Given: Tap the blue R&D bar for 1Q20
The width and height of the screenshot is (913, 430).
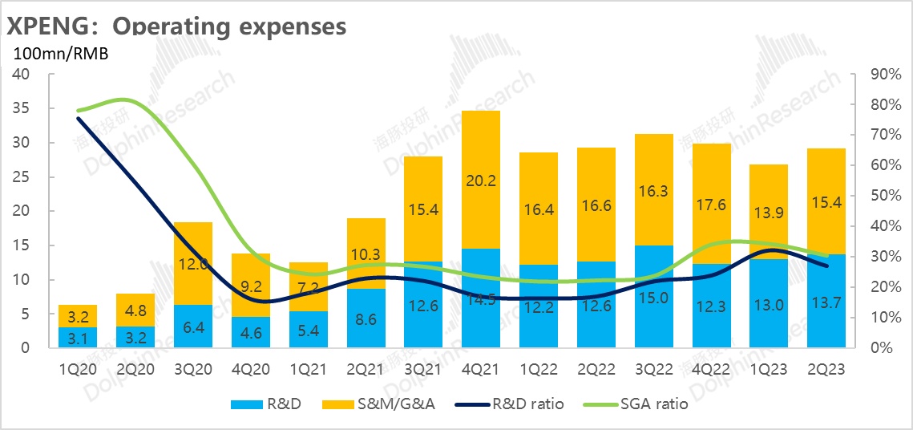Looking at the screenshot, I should tap(78, 337).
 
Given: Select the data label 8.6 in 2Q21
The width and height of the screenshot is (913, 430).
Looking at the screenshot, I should tap(366, 318).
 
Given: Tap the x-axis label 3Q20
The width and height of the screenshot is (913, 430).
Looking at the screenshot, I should tap(193, 371).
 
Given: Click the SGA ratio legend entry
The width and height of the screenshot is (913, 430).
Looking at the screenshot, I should tap(645, 404).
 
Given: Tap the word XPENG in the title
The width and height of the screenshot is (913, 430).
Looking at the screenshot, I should tap(49, 26).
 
